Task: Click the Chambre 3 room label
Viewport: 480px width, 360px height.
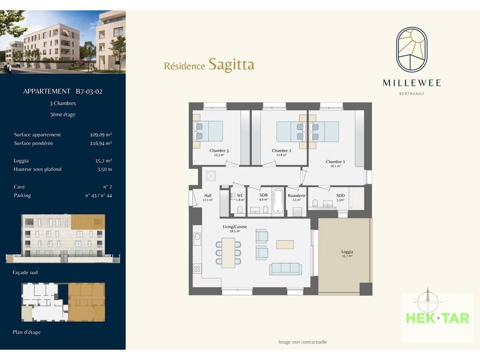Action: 219,150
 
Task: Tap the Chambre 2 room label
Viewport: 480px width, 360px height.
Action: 281,150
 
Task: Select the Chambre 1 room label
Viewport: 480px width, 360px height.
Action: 335,162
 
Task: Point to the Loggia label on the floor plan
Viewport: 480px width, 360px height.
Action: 347,252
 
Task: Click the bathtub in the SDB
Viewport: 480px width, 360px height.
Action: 278,201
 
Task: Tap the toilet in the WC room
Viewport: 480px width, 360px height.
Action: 240,210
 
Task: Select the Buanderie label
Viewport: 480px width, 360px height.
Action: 296,195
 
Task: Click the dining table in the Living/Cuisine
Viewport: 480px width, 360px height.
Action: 228,253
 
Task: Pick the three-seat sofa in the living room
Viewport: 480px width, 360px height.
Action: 285,268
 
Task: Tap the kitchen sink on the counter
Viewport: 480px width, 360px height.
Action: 197,237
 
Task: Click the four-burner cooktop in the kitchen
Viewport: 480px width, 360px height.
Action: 197,269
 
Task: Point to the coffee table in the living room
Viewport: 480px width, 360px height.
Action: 285,244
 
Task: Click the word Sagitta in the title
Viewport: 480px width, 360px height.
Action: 231,65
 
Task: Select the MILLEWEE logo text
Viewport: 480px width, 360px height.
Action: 412,83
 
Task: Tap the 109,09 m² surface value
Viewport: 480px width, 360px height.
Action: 101,135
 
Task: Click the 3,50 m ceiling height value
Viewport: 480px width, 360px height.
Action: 105,169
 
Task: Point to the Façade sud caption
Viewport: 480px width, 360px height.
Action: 25,272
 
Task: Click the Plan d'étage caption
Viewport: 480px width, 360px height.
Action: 27,332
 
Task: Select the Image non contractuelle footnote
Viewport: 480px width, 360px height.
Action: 302,342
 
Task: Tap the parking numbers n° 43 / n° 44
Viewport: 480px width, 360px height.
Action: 98,195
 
